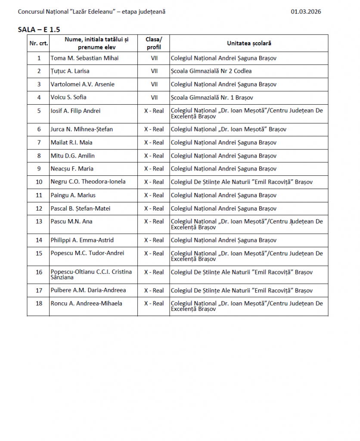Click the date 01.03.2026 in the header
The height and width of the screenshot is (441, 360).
pos(306,12)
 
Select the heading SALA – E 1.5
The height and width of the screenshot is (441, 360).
pos(39,29)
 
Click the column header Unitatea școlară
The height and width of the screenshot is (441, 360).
pos(249,43)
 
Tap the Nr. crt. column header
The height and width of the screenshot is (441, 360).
pos(39,43)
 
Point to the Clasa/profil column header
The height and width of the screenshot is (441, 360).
pos(154,43)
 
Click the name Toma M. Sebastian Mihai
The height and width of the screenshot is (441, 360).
pos(84,58)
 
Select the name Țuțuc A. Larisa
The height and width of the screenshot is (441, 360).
pos(70,71)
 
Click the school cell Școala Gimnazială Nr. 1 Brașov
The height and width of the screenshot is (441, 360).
pos(212,97)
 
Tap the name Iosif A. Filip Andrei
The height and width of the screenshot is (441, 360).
pos(75,111)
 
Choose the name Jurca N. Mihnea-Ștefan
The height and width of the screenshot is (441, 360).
pos(82,129)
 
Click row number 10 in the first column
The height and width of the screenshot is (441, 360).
pos(39,182)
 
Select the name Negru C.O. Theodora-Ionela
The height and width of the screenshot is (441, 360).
pos(88,182)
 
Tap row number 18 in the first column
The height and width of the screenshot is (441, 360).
pos(39,304)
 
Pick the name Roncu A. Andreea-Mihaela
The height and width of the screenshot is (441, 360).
pos(86,304)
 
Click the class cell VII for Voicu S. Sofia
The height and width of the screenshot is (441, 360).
pos(154,97)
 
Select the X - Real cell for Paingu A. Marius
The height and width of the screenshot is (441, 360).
pos(154,195)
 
